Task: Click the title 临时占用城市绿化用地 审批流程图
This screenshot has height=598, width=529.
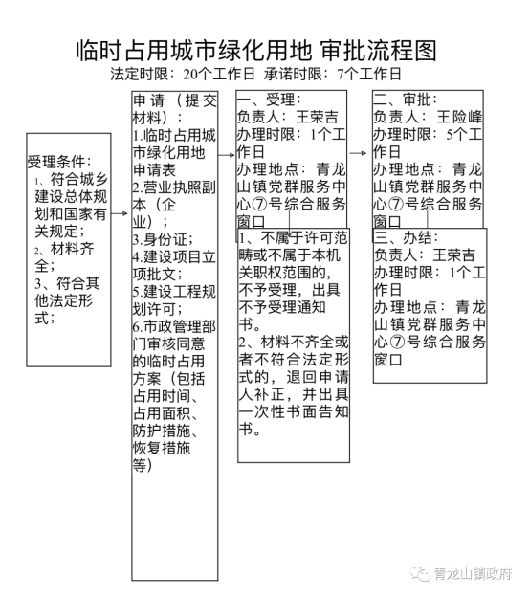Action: pyautogui.click(x=256, y=50)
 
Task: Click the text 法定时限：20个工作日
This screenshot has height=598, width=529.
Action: pyautogui.click(x=183, y=74)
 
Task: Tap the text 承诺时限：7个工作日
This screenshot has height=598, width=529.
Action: pyautogui.click(x=332, y=74)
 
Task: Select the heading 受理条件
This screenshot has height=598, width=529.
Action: pyautogui.click(x=59, y=162)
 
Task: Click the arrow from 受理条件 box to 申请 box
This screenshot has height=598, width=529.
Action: pyautogui.click(x=120, y=213)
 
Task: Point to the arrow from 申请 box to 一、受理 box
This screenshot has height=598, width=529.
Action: pyautogui.click(x=227, y=155)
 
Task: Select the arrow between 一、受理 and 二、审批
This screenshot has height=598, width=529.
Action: pyautogui.click(x=358, y=153)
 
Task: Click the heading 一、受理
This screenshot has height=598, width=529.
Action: pyautogui.click(x=269, y=100)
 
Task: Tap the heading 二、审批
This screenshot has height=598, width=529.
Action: pyautogui.click(x=405, y=100)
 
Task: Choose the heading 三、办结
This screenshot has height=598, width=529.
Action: pyautogui.click(x=406, y=237)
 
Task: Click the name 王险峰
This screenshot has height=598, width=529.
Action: pyautogui.click(x=459, y=117)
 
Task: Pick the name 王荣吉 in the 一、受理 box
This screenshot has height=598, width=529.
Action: pyautogui.click(x=317, y=117)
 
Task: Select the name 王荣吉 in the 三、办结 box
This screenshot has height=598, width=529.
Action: pyautogui.click(x=453, y=255)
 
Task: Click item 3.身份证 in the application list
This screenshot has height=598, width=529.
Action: pyautogui.click(x=163, y=239)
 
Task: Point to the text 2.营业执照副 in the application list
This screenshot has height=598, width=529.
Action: pyautogui.click(x=174, y=188)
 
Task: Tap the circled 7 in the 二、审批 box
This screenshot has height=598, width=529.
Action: pyautogui.click(x=396, y=205)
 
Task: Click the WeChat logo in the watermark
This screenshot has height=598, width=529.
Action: pyautogui.click(x=420, y=573)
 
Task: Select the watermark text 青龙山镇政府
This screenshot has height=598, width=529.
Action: pyautogui.click(x=473, y=573)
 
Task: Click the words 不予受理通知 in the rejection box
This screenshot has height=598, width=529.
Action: pyautogui.click(x=282, y=307)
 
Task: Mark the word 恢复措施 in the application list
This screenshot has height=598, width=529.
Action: pyautogui.click(x=162, y=448)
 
